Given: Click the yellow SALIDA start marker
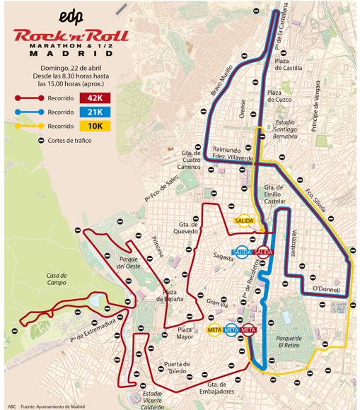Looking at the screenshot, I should click(x=245, y=220).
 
